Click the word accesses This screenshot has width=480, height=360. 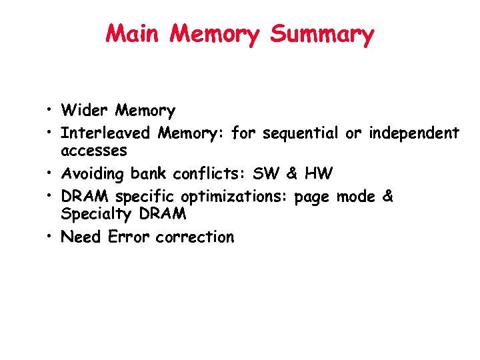(x=93, y=151)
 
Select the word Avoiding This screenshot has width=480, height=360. (x=93, y=175)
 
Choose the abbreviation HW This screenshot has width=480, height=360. (x=319, y=174)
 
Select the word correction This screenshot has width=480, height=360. (x=195, y=237)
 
